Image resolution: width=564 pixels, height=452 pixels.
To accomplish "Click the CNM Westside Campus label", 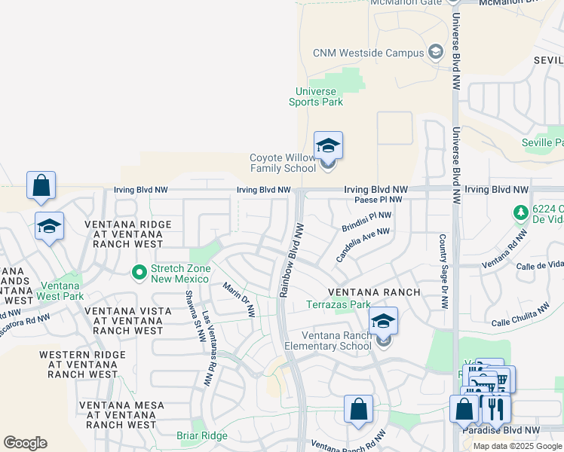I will click(368, 53).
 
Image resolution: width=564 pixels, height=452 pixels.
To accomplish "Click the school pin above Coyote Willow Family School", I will click(328, 145).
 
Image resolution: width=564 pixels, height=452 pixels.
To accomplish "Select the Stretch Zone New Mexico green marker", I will click(139, 271).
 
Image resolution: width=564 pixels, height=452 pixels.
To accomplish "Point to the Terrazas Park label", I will click(339, 305).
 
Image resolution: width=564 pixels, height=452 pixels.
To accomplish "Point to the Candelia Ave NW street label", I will click(363, 246).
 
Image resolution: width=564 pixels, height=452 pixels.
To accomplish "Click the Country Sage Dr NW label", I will click(443, 270).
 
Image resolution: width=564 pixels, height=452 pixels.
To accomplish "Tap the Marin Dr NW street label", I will click(238, 299).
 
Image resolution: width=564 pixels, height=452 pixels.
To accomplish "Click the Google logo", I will click(25, 443).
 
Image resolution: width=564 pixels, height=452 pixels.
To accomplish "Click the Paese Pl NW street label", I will click(378, 200).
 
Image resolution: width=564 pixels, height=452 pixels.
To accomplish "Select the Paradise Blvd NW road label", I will click(501, 430).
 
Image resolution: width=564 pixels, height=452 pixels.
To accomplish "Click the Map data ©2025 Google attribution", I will click(516, 445).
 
